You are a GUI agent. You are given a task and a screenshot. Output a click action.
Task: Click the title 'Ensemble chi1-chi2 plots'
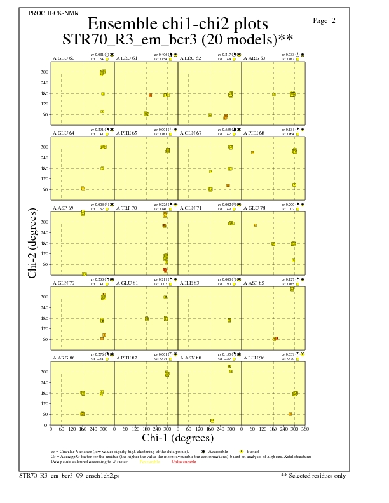(x=177, y=23)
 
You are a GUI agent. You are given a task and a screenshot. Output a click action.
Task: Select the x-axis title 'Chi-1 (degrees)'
(x=177, y=438)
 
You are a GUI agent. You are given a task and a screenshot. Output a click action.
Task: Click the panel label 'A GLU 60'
(x=63, y=58)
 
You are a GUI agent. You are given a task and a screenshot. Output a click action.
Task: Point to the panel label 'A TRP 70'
(x=126, y=208)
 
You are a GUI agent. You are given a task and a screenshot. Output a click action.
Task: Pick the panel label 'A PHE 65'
(x=126, y=133)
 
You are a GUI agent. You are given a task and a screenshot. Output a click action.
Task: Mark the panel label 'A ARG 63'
(x=254, y=58)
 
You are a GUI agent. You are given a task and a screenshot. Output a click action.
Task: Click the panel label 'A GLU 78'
(x=254, y=208)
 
